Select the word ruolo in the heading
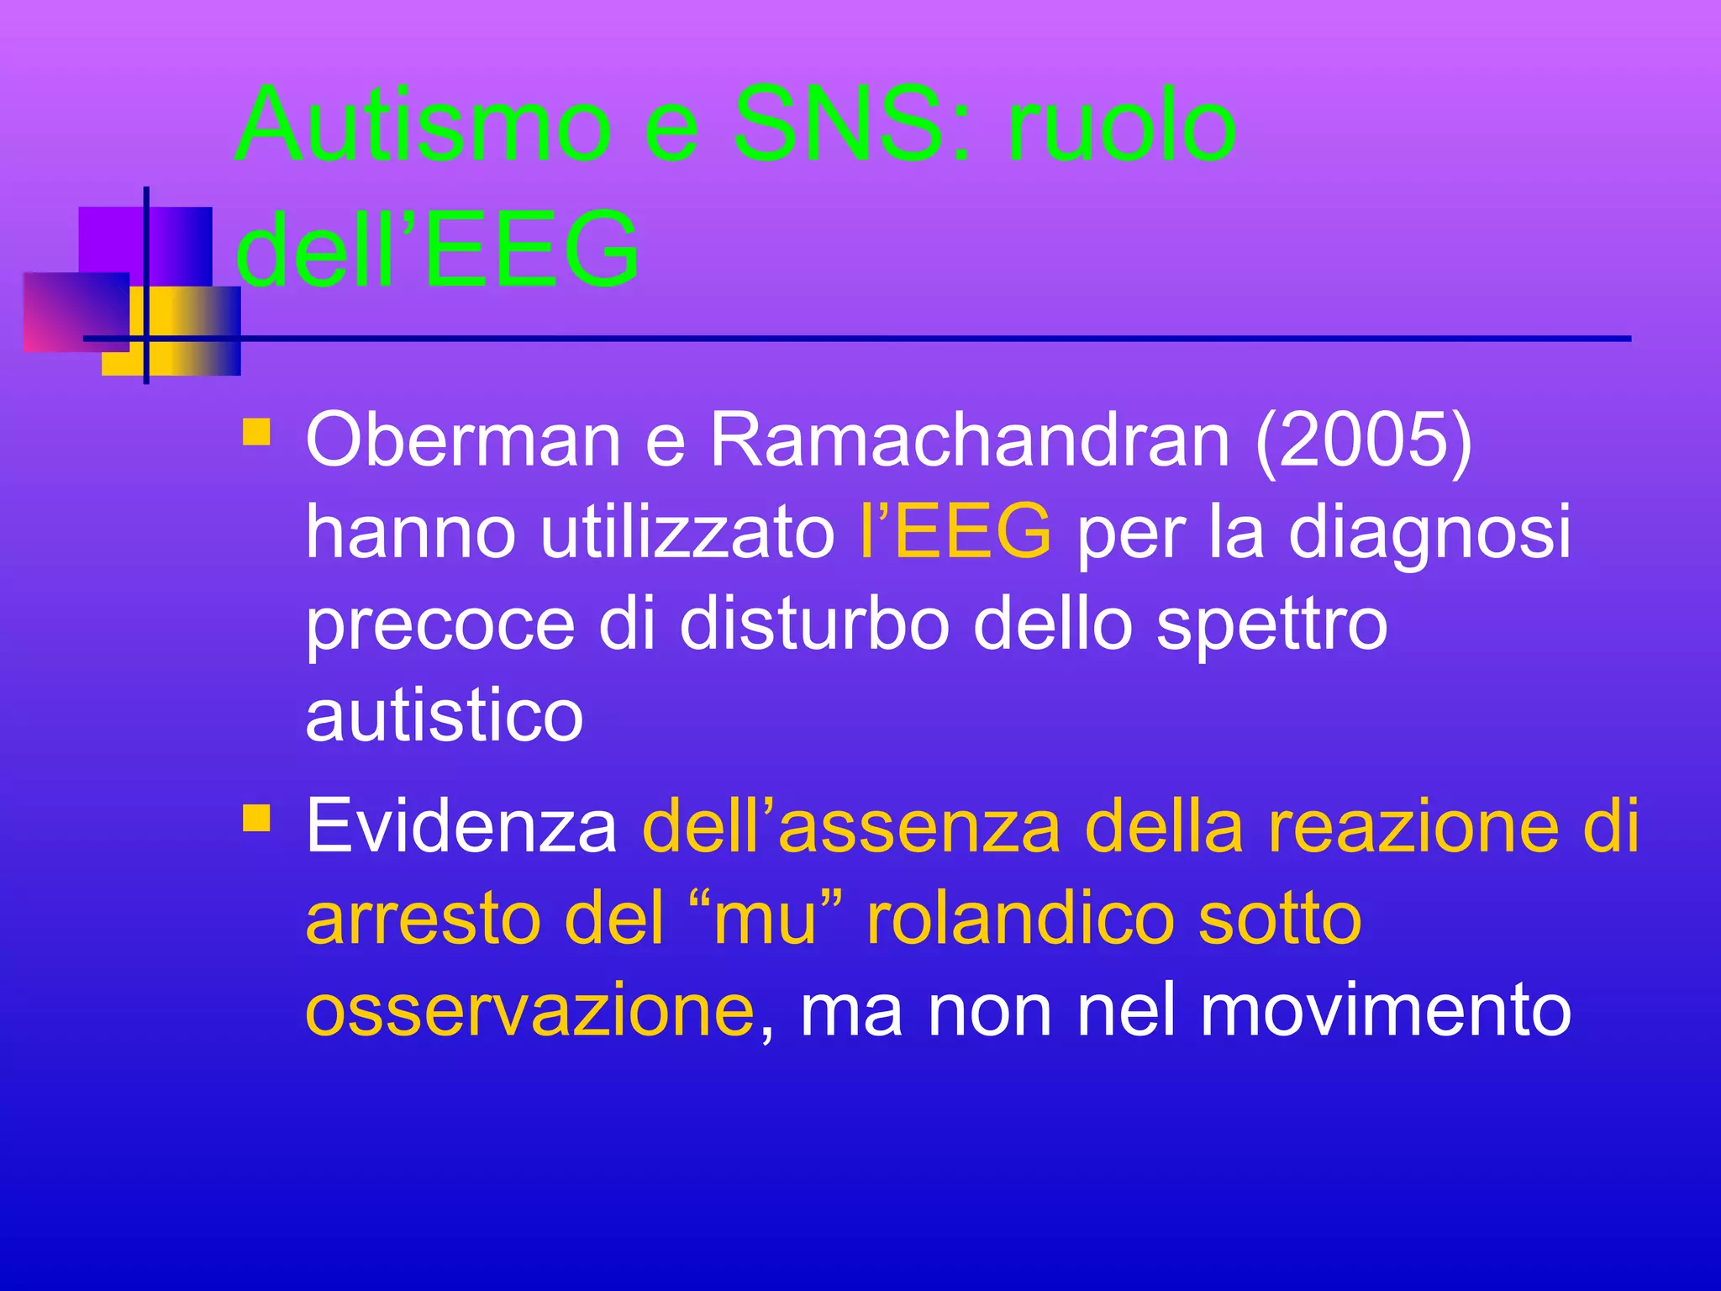pos(1122,126)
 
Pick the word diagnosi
pos(1429,533)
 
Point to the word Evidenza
pos(461,826)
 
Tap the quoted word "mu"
pos(765,918)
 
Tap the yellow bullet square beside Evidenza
pos(256,818)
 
